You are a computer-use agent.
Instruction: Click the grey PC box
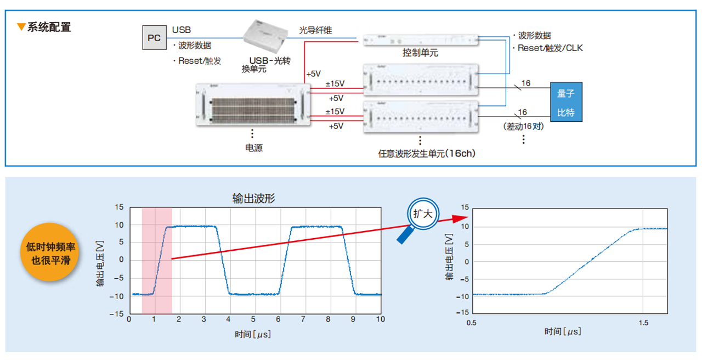pos(154,38)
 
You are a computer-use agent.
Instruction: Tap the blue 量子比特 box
pos(566,102)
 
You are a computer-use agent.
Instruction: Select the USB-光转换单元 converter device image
pos(266,36)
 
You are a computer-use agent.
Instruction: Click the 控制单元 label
pos(420,53)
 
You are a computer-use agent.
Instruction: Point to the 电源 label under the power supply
pos(254,148)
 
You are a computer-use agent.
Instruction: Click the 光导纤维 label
pos(315,30)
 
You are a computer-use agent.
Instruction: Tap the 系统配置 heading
pos(49,27)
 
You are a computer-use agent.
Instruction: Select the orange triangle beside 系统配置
pos(21,27)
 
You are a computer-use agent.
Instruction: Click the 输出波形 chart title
pos(253,199)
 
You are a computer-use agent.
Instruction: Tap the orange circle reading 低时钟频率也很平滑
pos(49,252)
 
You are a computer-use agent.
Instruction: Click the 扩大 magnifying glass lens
pos(423,214)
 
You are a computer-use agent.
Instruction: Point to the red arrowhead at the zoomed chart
pos(460,218)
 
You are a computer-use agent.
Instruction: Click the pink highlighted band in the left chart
pos(157,261)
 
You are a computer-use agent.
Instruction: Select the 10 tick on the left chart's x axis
pos(381,319)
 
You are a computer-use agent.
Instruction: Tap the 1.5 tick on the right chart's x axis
pos(643,323)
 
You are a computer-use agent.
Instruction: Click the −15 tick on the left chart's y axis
pos(117,314)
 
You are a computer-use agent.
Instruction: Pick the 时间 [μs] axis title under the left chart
pos(253,334)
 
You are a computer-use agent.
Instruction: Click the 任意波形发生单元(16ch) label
pos(427,154)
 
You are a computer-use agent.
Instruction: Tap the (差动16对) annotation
pos(523,126)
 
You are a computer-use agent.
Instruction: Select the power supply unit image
pos(253,105)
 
